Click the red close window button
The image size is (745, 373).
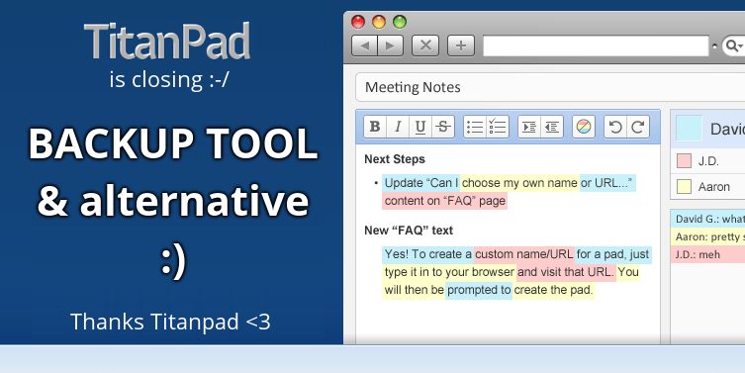pyautogui.click(x=359, y=21)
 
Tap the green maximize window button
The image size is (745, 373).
pyautogui.click(x=400, y=21)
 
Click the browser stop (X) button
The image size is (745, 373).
pyautogui.click(x=425, y=45)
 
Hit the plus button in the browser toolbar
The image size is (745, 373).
pyautogui.click(x=460, y=45)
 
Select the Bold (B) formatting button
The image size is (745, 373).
pyautogui.click(x=375, y=127)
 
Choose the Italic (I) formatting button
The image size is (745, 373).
pyautogui.click(x=398, y=127)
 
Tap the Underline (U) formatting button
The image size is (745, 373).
pyautogui.click(x=420, y=127)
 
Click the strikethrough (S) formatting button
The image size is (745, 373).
pyautogui.click(x=443, y=127)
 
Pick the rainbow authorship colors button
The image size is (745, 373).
pyautogui.click(x=583, y=127)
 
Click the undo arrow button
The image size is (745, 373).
pyautogui.click(x=615, y=127)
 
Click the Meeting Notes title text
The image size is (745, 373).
pyautogui.click(x=413, y=87)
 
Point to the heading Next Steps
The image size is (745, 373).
pyautogui.click(x=395, y=159)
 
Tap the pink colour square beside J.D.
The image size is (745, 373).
pyautogui.click(x=684, y=160)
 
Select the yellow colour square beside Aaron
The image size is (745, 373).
pyautogui.click(x=684, y=186)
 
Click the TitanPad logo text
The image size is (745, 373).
pyautogui.click(x=167, y=41)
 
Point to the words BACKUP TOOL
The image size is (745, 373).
pyautogui.click(x=173, y=144)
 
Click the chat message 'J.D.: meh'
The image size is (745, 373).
pyautogui.click(x=698, y=254)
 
